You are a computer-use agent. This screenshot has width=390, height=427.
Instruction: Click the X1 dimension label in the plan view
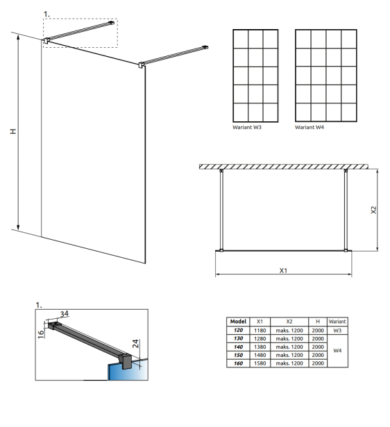[284, 270]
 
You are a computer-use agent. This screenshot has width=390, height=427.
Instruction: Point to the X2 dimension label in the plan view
[373, 209]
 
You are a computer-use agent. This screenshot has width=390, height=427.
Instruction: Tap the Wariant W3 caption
[247, 128]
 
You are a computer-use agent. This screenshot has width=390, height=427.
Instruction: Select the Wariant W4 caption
[309, 128]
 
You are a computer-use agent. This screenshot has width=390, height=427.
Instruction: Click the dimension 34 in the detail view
[65, 313]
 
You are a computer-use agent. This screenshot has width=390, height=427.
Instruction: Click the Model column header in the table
[238, 322]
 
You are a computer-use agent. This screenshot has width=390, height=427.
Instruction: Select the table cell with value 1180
[260, 331]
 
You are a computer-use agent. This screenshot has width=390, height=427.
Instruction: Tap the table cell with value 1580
[260, 363]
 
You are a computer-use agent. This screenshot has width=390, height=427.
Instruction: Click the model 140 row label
[238, 347]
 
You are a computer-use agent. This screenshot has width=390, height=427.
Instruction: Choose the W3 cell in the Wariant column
[337, 331]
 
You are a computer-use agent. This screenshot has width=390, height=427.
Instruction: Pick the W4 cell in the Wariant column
[337, 351]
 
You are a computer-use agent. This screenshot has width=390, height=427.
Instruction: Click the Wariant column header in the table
[337, 322]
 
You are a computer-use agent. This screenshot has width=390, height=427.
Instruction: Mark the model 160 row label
[238, 363]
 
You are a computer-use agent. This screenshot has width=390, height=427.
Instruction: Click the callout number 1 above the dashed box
[46, 13]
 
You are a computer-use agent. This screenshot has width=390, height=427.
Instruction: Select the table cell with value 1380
[260, 347]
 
